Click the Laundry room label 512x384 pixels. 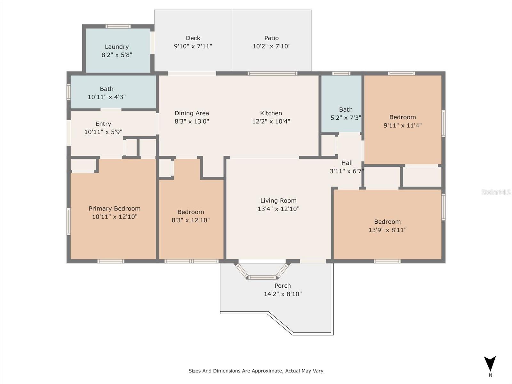pos(117,47)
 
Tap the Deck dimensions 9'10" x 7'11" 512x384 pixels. pos(193,46)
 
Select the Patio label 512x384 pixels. pos(271,38)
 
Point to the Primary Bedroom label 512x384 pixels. pos(115,208)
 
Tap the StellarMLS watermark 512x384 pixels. pos(496,192)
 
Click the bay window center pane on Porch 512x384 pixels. pos(262,277)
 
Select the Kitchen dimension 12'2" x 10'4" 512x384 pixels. pos(271,121)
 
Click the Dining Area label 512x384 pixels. pos(192,113)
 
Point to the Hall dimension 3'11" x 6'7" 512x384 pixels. pos(347,171)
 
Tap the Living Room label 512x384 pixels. pos(278,201)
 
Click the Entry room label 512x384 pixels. pos(103,124)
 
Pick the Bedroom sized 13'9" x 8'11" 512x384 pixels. pos(387,225)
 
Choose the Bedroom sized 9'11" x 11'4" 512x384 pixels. pos(403,121)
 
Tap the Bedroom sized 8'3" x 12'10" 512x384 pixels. pos(191,216)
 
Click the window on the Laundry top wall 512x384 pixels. pos(118,27)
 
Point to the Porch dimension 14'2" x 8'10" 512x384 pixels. pos(283,294)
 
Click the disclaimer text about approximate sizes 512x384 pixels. pos(256,371)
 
